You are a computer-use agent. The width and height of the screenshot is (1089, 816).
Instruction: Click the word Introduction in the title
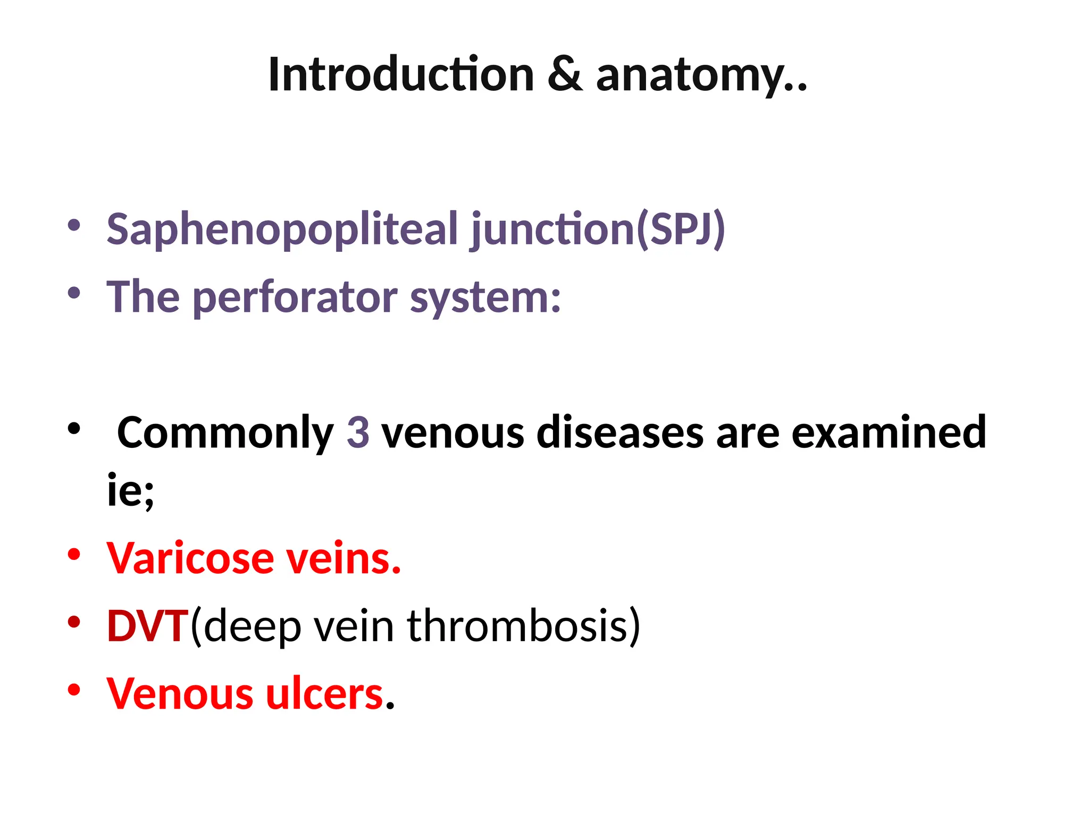[x=401, y=75]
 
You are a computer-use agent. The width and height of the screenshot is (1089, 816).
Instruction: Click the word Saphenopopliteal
[x=282, y=230]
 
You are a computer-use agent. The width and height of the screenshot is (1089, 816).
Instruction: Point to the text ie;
[x=130, y=490]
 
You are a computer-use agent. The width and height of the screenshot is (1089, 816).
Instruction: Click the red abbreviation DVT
[x=148, y=626]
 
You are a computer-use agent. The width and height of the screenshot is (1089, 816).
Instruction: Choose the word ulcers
[x=324, y=694]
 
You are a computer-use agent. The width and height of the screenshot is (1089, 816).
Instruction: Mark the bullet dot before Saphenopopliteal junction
[x=74, y=225]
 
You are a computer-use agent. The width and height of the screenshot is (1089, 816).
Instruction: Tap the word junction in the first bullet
[x=552, y=230]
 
